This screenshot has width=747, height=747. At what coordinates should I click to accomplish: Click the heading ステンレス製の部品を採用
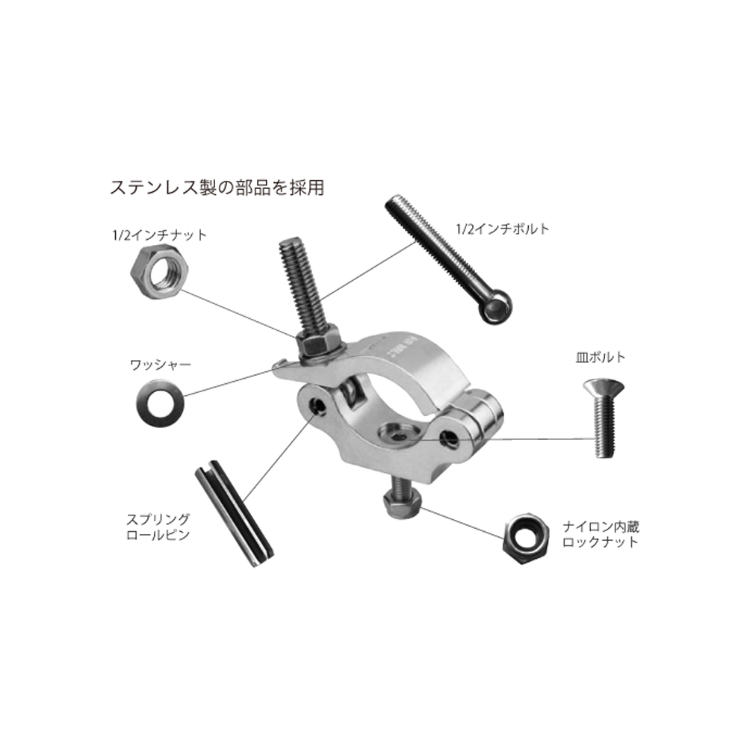(x=217, y=187)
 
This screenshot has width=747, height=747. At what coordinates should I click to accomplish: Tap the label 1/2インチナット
(x=160, y=235)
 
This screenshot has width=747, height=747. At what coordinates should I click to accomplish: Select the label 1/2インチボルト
(x=503, y=229)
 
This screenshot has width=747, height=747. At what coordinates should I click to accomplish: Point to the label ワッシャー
(x=161, y=365)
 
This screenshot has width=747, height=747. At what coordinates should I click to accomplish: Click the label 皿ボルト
(x=601, y=357)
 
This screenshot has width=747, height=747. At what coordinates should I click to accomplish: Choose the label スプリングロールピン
(x=158, y=527)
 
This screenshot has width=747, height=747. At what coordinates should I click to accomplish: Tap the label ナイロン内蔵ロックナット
(x=601, y=534)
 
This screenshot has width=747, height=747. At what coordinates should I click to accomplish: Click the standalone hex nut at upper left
(x=160, y=272)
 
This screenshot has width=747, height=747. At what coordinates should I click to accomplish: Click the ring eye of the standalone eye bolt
(x=495, y=306)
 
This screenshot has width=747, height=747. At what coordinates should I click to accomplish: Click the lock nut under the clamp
(x=403, y=504)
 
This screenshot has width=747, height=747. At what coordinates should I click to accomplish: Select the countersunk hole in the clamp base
(x=398, y=433)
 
